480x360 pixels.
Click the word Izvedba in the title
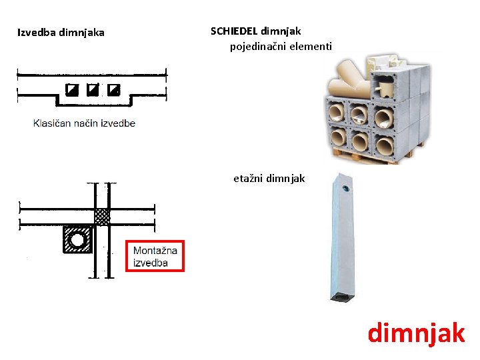pyautogui.click(x=37, y=32)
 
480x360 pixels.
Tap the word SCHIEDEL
pyautogui.click(x=234, y=31)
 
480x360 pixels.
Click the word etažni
pyautogui.click(x=248, y=179)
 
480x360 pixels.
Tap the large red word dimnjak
pyautogui.click(x=416, y=332)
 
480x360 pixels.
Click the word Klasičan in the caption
pyautogui.click(x=53, y=123)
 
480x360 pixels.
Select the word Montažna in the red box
pyautogui.click(x=155, y=251)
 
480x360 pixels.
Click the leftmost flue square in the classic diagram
pyautogui.click(x=72, y=89)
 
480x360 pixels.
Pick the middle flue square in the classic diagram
pyautogui.click(x=93, y=89)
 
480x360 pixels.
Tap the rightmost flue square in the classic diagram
pyautogui.click(x=114, y=89)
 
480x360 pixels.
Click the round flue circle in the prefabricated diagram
pyautogui.click(x=79, y=239)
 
